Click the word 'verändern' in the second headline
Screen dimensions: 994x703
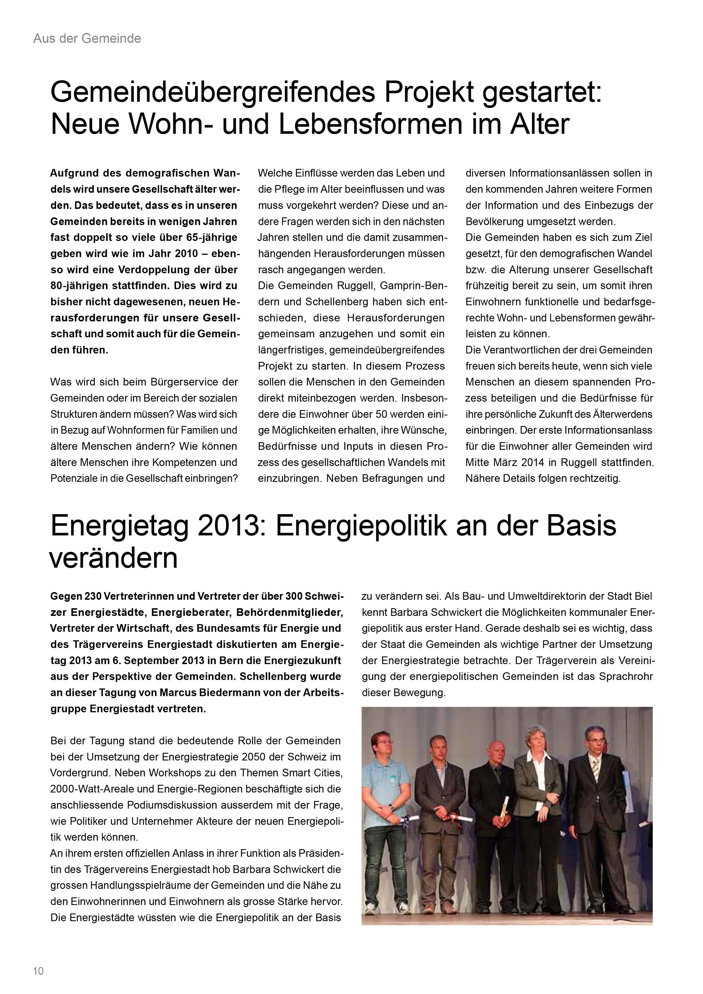[x=114, y=558]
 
